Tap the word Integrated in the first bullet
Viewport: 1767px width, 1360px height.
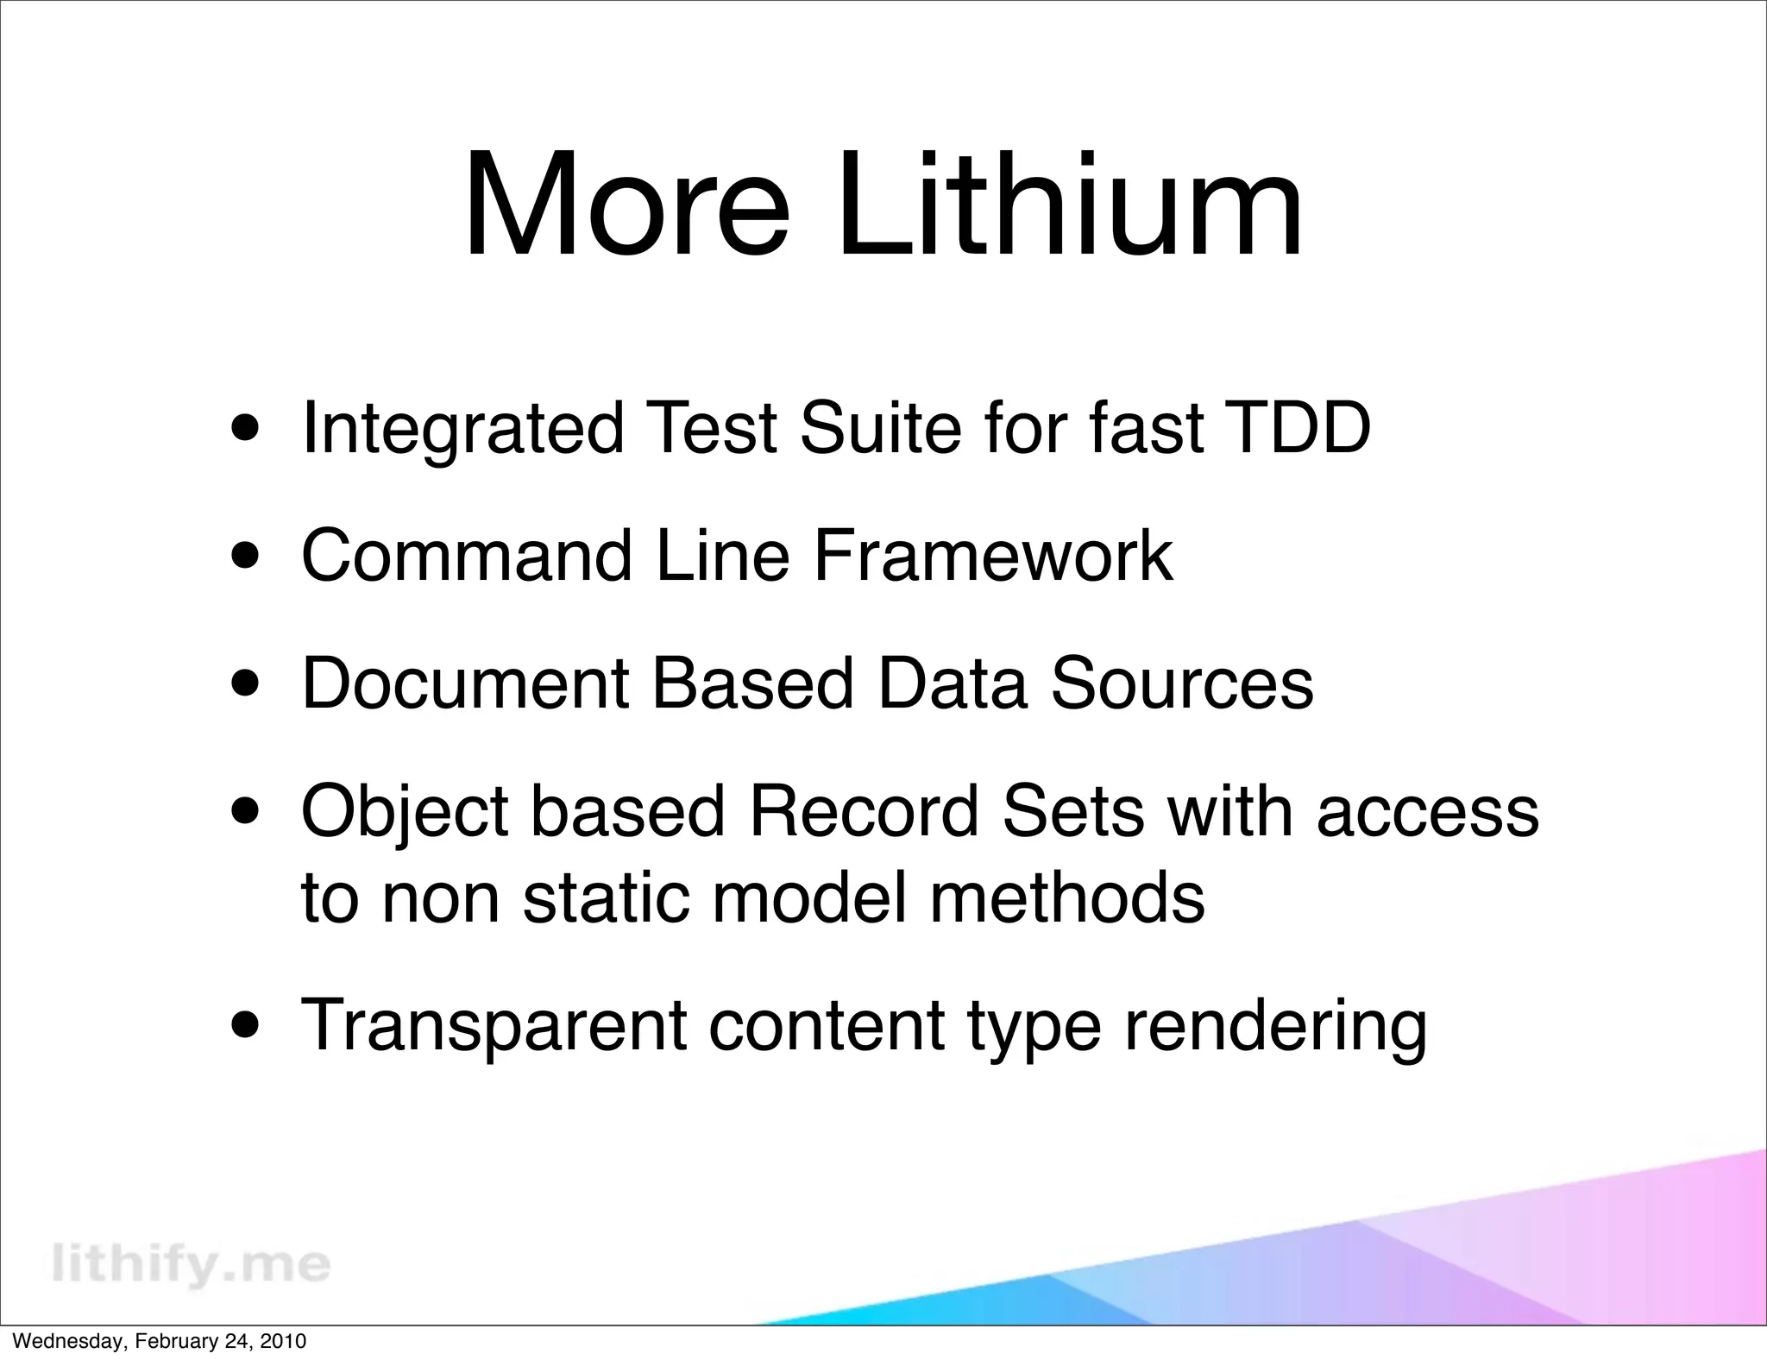[x=462, y=429]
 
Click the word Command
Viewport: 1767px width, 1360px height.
[x=466, y=557]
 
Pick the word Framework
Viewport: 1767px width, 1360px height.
[x=992, y=557]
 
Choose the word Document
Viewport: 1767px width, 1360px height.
[x=466, y=683]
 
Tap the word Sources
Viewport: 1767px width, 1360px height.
[x=1182, y=683]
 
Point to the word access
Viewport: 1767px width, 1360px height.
[x=1428, y=813]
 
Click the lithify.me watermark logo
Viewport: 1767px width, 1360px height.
[x=191, y=1264]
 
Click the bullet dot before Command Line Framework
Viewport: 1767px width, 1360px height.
[x=248, y=558]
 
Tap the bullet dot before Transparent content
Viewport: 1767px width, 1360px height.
[x=248, y=1027]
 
